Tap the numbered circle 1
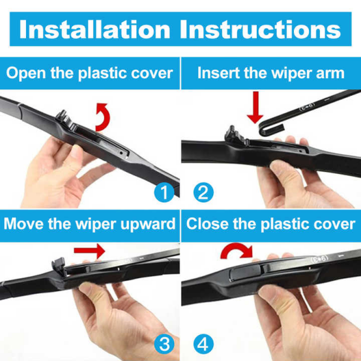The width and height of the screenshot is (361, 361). [165, 192]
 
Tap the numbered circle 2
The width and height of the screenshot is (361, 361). [203, 192]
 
